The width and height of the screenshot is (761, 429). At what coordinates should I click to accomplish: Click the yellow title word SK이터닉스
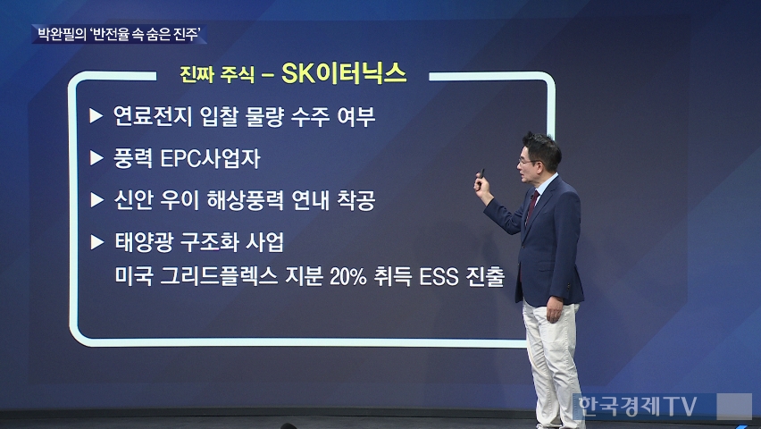344,74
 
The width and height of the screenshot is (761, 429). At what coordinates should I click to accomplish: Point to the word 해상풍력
245,200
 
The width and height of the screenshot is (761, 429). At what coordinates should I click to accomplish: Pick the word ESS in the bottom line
439,276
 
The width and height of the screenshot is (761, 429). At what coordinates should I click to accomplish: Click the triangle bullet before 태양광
97,242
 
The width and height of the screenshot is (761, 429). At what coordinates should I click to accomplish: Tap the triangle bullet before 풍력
96,158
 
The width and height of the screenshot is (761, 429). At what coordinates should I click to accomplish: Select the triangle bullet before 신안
97,199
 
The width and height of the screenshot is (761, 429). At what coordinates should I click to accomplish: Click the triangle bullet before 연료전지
96,115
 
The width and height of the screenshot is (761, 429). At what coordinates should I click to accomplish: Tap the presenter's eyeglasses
528,161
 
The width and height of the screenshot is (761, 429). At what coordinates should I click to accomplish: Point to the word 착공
356,200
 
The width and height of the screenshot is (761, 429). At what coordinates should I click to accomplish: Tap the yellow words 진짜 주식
217,75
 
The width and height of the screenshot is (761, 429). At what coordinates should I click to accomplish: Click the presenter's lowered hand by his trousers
554,309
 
